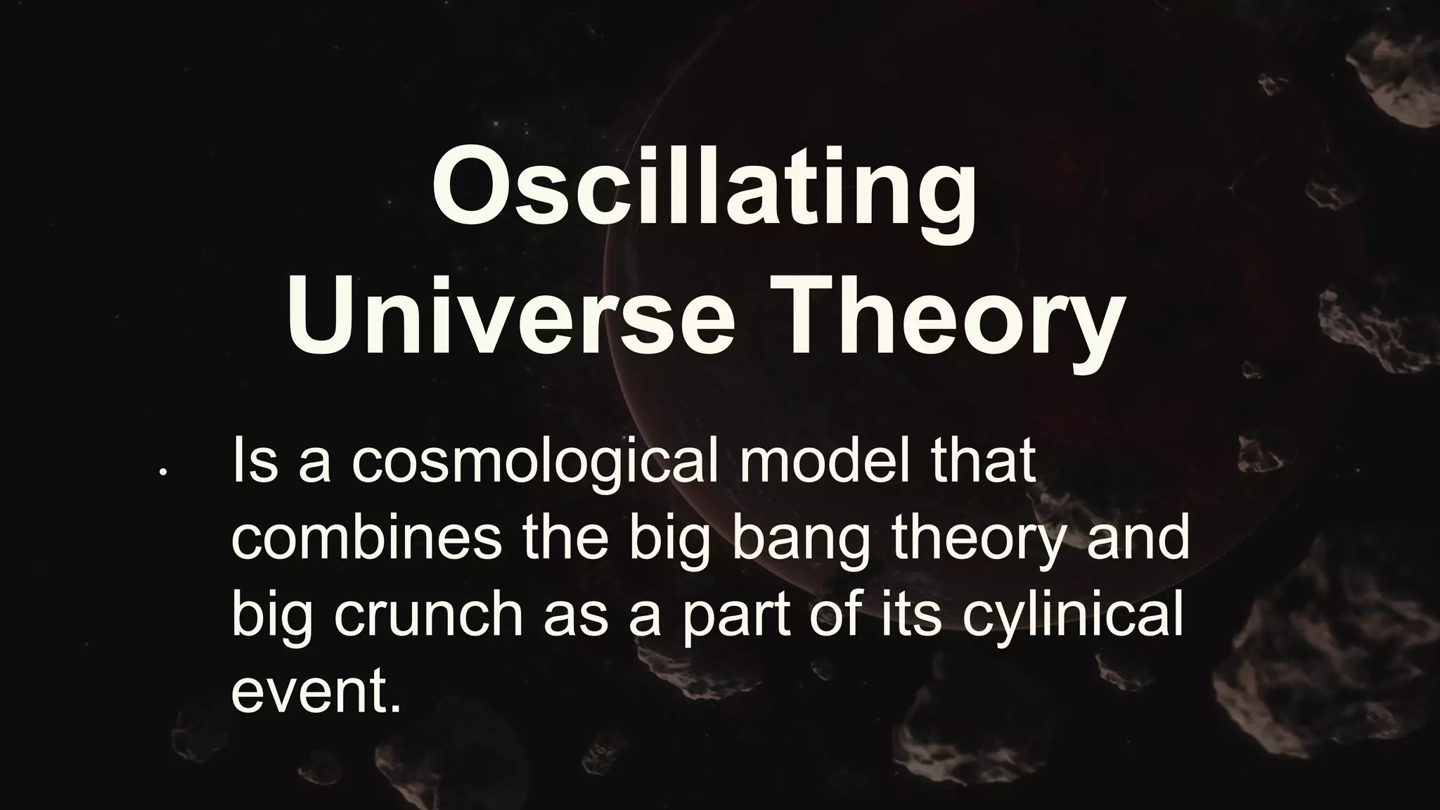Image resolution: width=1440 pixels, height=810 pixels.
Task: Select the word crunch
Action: tap(428, 615)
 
